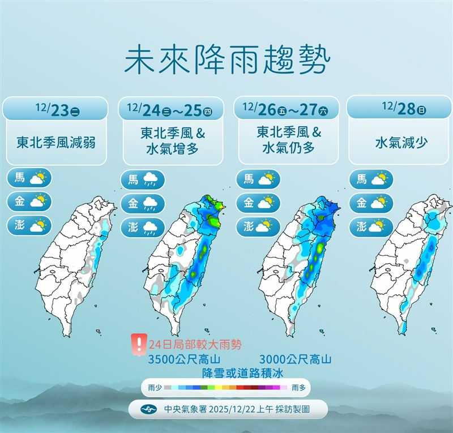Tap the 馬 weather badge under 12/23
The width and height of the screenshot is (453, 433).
coord(30,178)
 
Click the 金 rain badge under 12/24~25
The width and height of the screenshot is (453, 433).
coord(143,204)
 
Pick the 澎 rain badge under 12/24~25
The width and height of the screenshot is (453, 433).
coord(143,228)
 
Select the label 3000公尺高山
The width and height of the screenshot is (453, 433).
coord(295,359)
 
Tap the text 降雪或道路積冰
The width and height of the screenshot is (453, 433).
coord(242,372)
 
